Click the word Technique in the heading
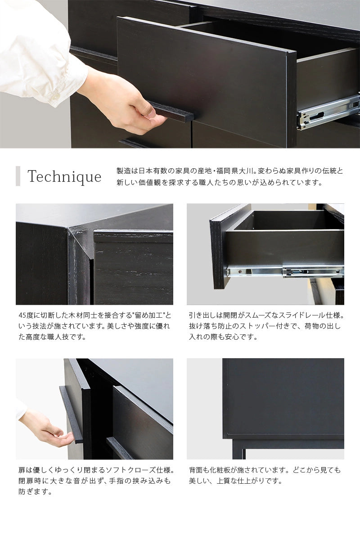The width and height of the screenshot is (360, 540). coord(64,177)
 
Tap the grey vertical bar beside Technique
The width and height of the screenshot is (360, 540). coord(18,176)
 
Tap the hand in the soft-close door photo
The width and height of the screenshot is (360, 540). coord(45,430)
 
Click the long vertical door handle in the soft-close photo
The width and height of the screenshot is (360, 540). coord(71,414)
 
